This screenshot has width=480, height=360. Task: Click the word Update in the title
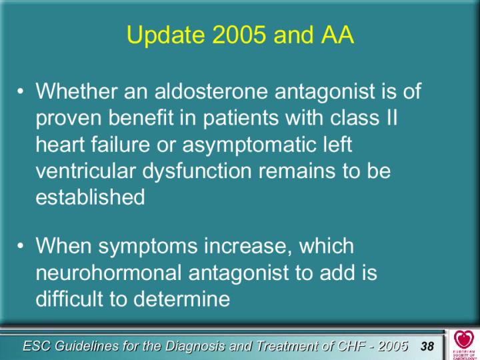point(165,35)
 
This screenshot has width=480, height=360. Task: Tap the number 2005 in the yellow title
point(239,34)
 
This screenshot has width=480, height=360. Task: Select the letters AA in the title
point(337,34)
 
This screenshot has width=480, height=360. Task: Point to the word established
point(90,197)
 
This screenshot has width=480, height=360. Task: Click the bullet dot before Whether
point(20,92)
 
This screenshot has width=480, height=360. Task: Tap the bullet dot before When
point(20,246)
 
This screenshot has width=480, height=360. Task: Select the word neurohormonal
point(109,272)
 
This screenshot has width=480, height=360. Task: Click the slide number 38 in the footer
point(427,346)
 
